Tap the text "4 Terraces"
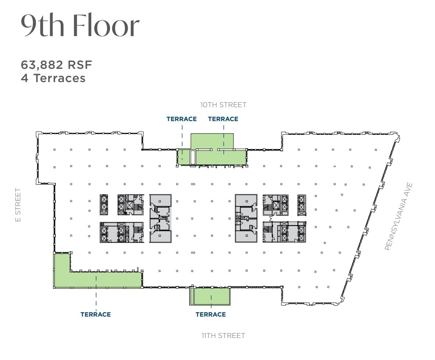tap(53, 78)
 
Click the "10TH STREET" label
tap(223, 105)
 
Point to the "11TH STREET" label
tap(223, 336)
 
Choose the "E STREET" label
tap(18, 205)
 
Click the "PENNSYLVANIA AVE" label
tap(399, 217)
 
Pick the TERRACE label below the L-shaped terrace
tap(96, 314)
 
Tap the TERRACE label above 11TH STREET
tap(211, 314)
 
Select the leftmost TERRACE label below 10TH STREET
tap(181, 119)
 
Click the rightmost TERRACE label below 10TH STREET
tap(223, 119)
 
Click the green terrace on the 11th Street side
tap(212, 296)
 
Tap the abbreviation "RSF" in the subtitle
tap(79, 65)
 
